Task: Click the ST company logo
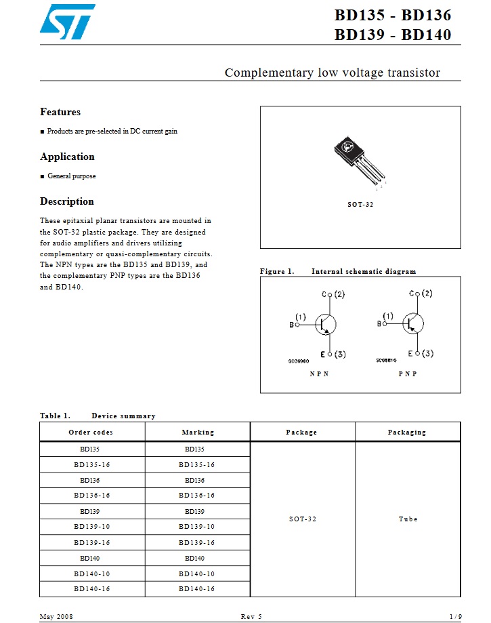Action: [67, 20]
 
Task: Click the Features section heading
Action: [60, 112]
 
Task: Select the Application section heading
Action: [67, 157]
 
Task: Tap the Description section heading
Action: [67, 201]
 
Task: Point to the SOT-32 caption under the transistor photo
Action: [360, 205]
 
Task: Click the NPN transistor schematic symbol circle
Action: [326, 324]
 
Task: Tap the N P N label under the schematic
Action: [319, 374]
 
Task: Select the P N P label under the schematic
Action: [408, 374]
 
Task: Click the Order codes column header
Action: [91, 433]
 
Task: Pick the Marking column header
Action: [198, 433]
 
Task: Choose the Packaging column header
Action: [407, 433]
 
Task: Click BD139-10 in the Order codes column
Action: [91, 527]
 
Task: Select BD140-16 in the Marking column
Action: [197, 589]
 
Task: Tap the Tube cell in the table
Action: [408, 519]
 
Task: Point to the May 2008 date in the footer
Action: [56, 616]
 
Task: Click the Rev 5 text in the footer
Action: [251, 616]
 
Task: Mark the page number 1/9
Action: [455, 616]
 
